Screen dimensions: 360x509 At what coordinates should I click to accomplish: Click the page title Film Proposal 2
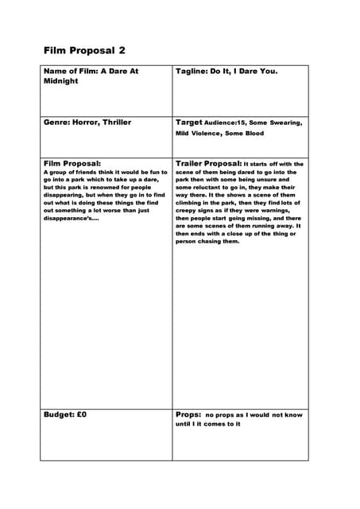click(84, 50)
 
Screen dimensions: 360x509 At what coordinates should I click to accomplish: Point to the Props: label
click(188, 414)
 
